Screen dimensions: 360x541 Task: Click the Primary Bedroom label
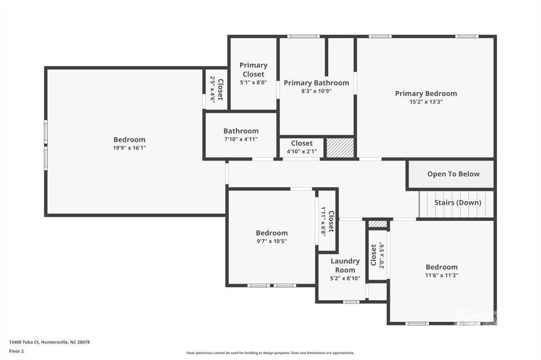426,93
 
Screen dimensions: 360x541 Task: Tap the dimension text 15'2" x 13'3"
426,102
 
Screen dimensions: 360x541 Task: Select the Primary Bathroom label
316,83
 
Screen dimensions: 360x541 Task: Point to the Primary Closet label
254,70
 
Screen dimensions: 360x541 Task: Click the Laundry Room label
345,266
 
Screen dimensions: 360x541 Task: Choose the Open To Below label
453,174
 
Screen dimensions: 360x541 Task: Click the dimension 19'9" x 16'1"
129,148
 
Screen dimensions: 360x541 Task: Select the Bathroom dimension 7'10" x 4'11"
241,139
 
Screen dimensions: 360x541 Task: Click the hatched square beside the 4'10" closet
340,148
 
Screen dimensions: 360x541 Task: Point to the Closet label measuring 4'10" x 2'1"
302,143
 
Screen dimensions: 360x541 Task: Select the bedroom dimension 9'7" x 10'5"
272,241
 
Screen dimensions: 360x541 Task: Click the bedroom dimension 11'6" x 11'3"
441,275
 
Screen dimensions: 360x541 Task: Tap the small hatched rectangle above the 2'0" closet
377,224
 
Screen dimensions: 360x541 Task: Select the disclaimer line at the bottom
270,353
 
